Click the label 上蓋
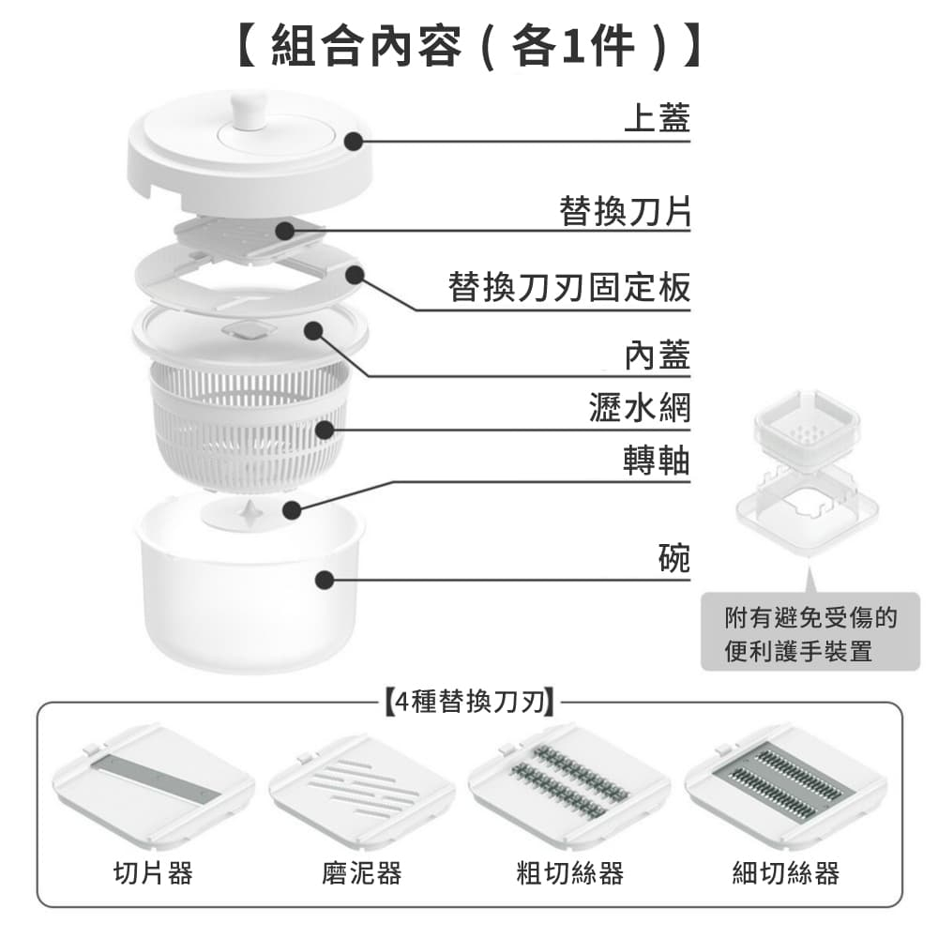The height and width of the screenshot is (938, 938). point(657,119)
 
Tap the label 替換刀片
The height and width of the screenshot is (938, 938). point(624,212)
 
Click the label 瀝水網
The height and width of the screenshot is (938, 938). point(640,409)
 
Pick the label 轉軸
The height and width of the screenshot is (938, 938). point(657,461)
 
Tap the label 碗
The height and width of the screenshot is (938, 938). point(673,558)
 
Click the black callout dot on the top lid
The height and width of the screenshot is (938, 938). point(353,142)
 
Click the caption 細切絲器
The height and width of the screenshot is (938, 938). point(786,873)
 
